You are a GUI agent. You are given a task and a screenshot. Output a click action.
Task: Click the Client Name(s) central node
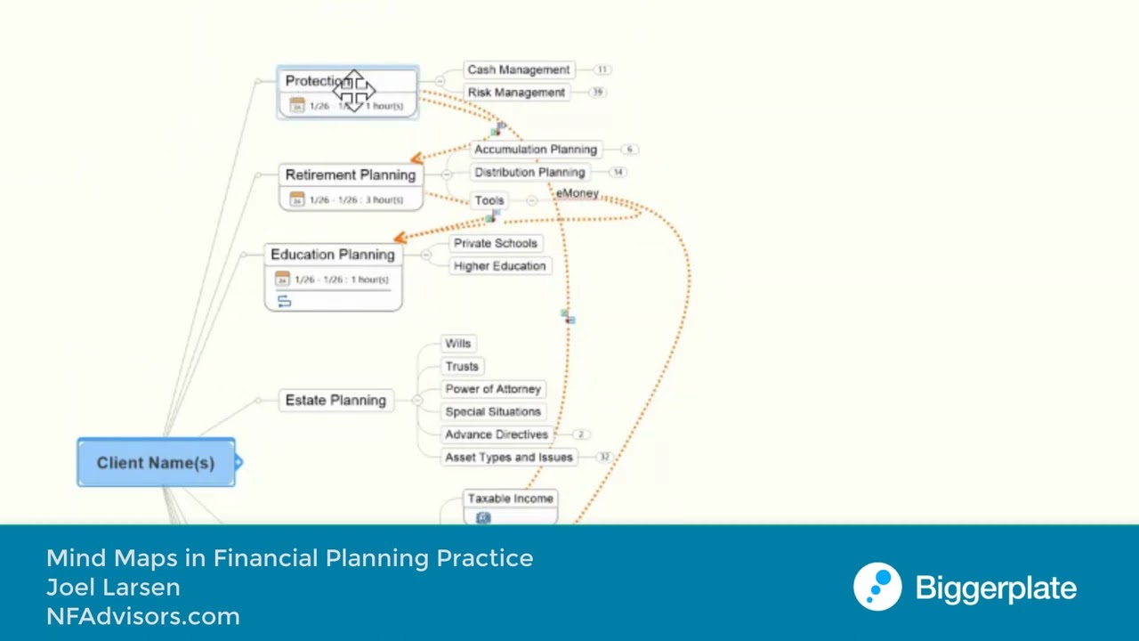tap(156, 463)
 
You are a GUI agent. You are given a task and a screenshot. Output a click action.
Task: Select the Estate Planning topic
tap(335, 401)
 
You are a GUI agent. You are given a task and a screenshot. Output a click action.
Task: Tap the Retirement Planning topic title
tap(351, 175)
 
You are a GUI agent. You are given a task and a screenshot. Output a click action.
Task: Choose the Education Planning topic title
tap(333, 255)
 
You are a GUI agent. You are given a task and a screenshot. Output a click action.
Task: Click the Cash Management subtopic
tap(519, 69)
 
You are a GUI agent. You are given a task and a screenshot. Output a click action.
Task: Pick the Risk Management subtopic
tap(516, 93)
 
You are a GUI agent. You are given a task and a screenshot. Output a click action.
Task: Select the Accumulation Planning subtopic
tap(536, 150)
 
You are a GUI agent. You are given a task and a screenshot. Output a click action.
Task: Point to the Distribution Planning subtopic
tap(529, 173)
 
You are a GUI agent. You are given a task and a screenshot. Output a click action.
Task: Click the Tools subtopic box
tap(489, 200)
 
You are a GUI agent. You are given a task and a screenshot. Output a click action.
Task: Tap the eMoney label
tap(578, 193)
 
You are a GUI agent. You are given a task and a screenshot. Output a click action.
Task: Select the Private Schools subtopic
tap(496, 243)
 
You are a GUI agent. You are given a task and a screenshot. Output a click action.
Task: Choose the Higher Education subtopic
tap(499, 266)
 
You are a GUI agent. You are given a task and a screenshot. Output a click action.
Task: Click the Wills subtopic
tap(458, 344)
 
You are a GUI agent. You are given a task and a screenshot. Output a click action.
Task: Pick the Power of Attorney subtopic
tap(493, 389)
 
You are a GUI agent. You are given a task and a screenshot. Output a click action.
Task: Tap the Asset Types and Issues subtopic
tap(509, 458)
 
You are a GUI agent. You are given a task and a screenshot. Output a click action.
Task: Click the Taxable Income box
tap(510, 499)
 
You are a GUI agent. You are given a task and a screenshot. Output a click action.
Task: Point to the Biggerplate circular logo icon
tap(877, 588)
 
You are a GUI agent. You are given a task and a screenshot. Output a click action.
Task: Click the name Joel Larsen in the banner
tap(113, 588)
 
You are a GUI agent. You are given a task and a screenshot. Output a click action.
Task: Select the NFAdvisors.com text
tap(143, 616)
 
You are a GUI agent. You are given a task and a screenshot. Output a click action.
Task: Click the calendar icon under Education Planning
tap(282, 280)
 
